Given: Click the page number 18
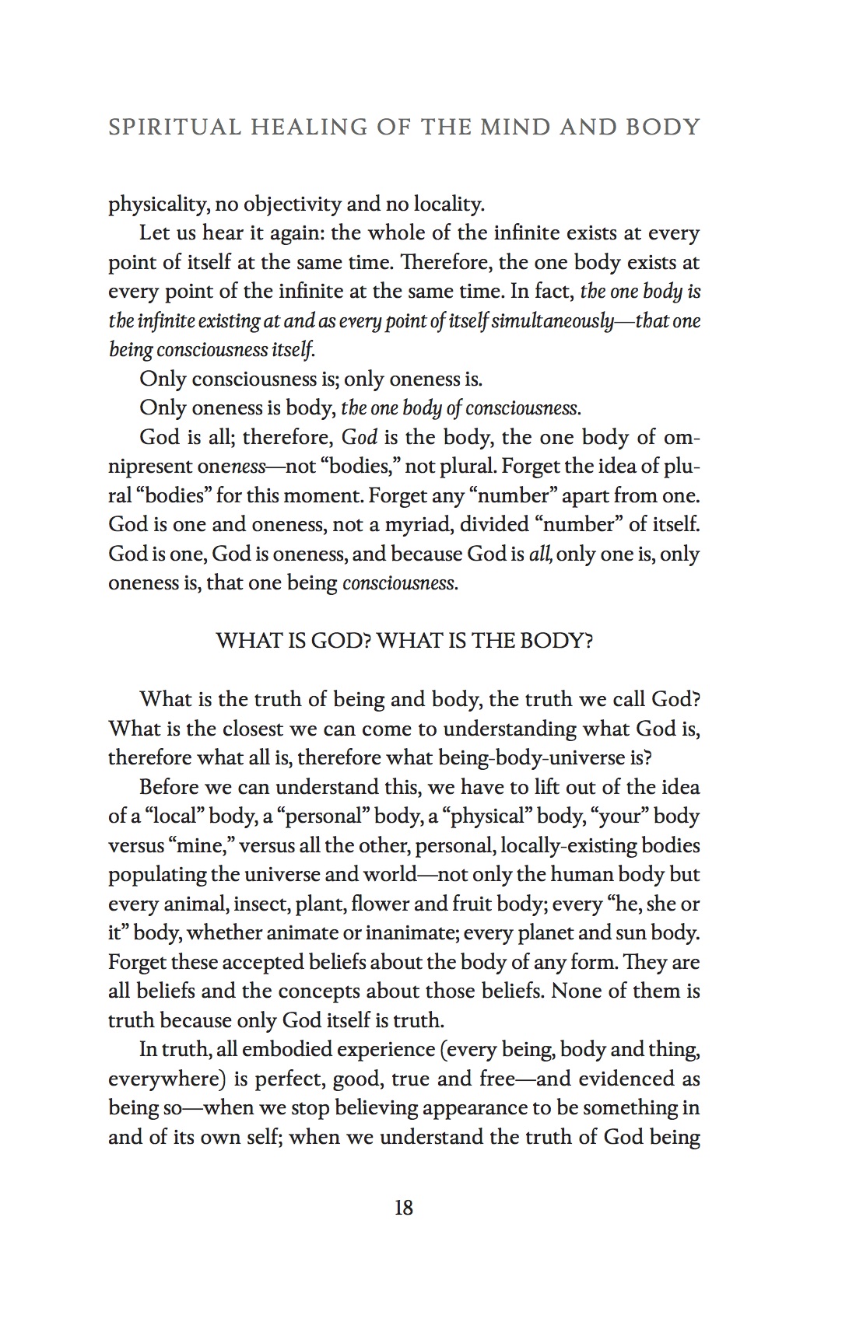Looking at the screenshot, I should tap(404, 1208).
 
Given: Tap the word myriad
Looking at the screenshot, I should tap(416, 525).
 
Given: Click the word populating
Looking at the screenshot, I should tap(157, 875).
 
